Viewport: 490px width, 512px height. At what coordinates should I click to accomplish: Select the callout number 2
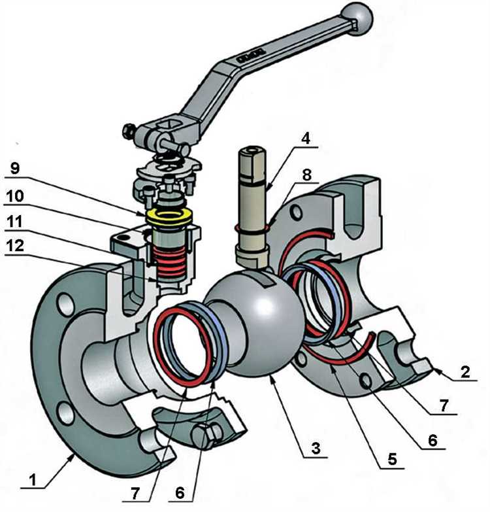point(465,373)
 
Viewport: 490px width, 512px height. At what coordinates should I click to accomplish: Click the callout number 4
point(305,139)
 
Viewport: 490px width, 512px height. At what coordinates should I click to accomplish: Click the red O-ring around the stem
point(251,228)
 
